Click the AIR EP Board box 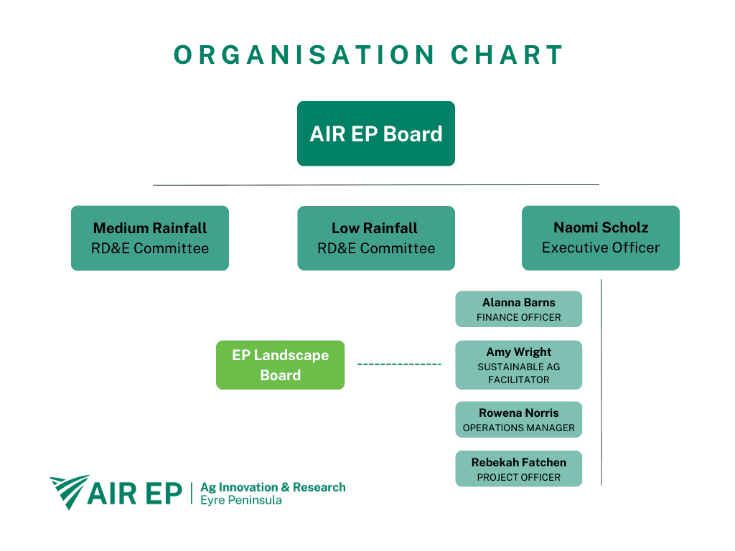pos(375,133)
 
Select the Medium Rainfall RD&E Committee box pos(149,238)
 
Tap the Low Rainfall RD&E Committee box pos(375,238)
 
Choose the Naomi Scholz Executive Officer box pos(600,238)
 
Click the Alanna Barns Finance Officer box pos(518,309)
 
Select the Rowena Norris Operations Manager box pos(518,420)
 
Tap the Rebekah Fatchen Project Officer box pos(518,469)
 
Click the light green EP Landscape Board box pos(280,365)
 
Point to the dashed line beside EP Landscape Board pos(399,364)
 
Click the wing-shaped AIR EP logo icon pos(69,490)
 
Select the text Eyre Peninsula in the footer pos(241,500)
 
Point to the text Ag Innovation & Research pos(273,487)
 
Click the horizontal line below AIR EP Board pos(375,185)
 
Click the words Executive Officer pos(600,248)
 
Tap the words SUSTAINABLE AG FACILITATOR pos(518,373)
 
